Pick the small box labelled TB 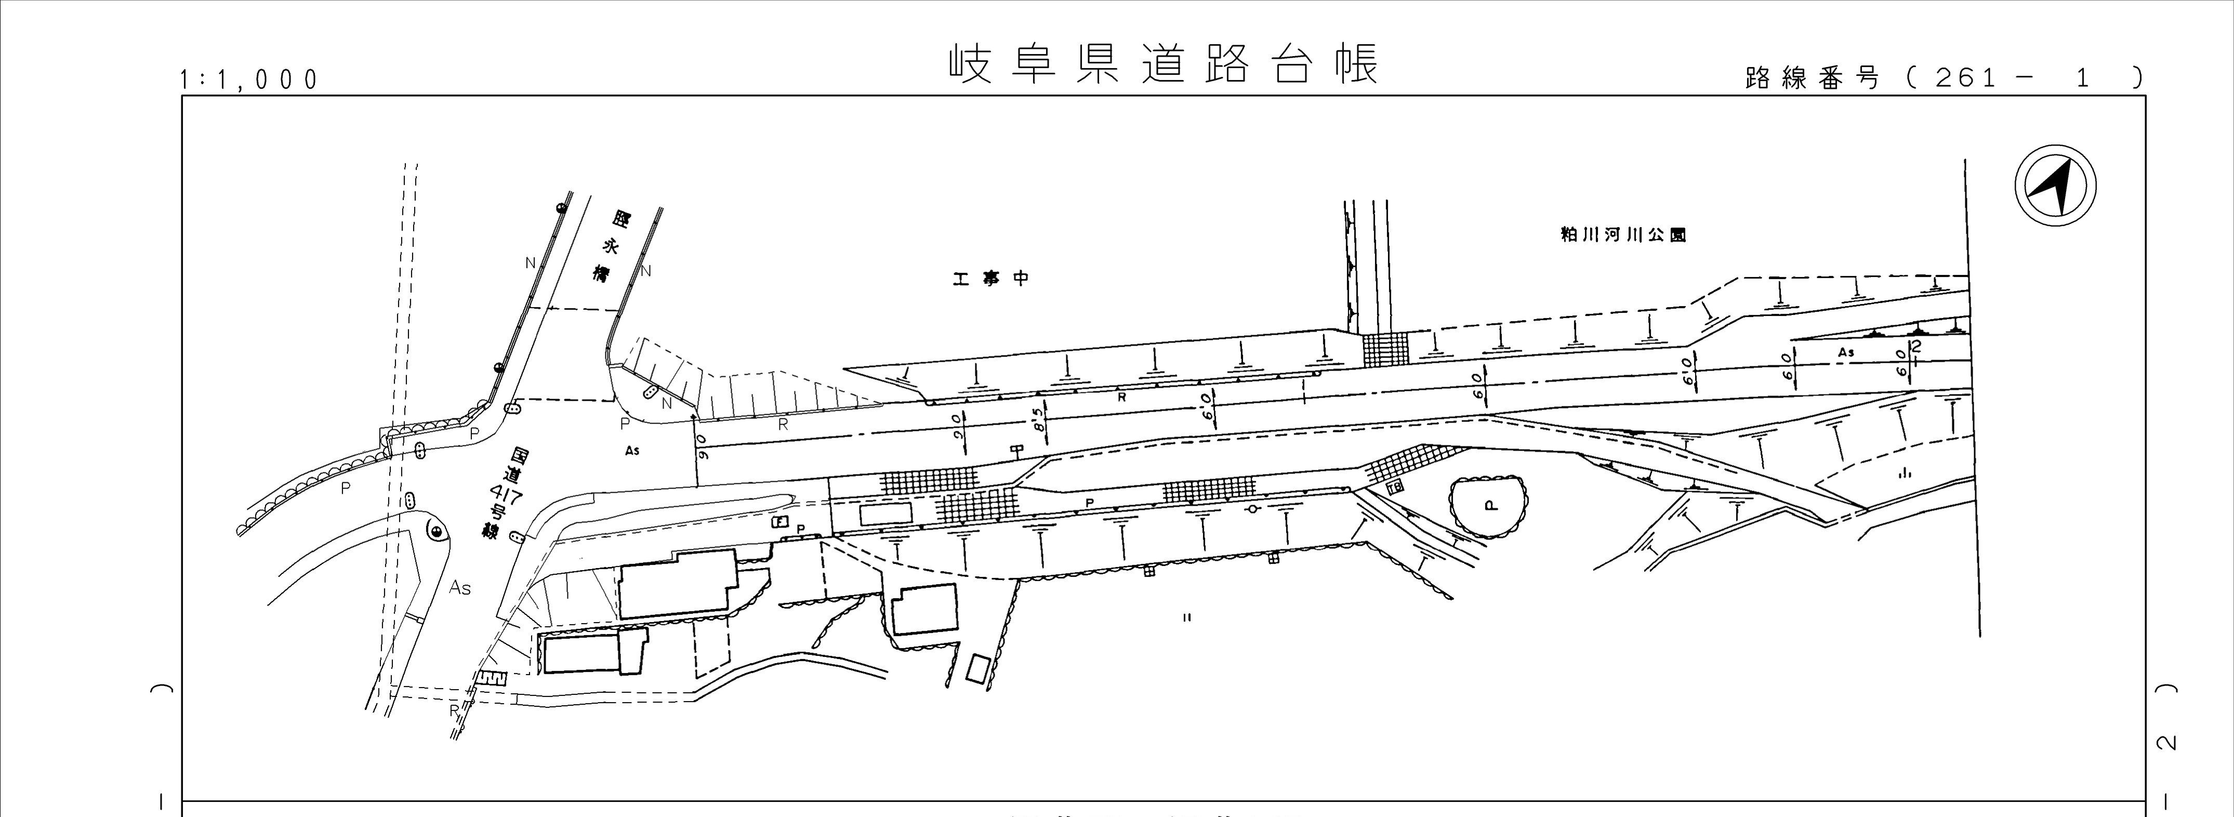pyautogui.click(x=1395, y=487)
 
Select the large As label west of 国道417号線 pyautogui.click(x=459, y=588)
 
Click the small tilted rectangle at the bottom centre pyautogui.click(x=978, y=669)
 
